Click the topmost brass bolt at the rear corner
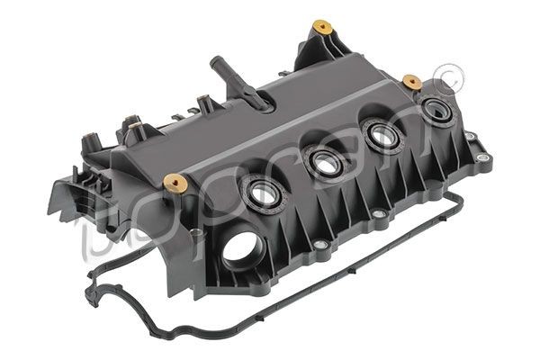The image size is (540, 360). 319,27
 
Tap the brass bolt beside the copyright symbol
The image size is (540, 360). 413,82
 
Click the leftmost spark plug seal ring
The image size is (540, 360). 263,192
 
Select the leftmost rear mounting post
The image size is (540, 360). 90,141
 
